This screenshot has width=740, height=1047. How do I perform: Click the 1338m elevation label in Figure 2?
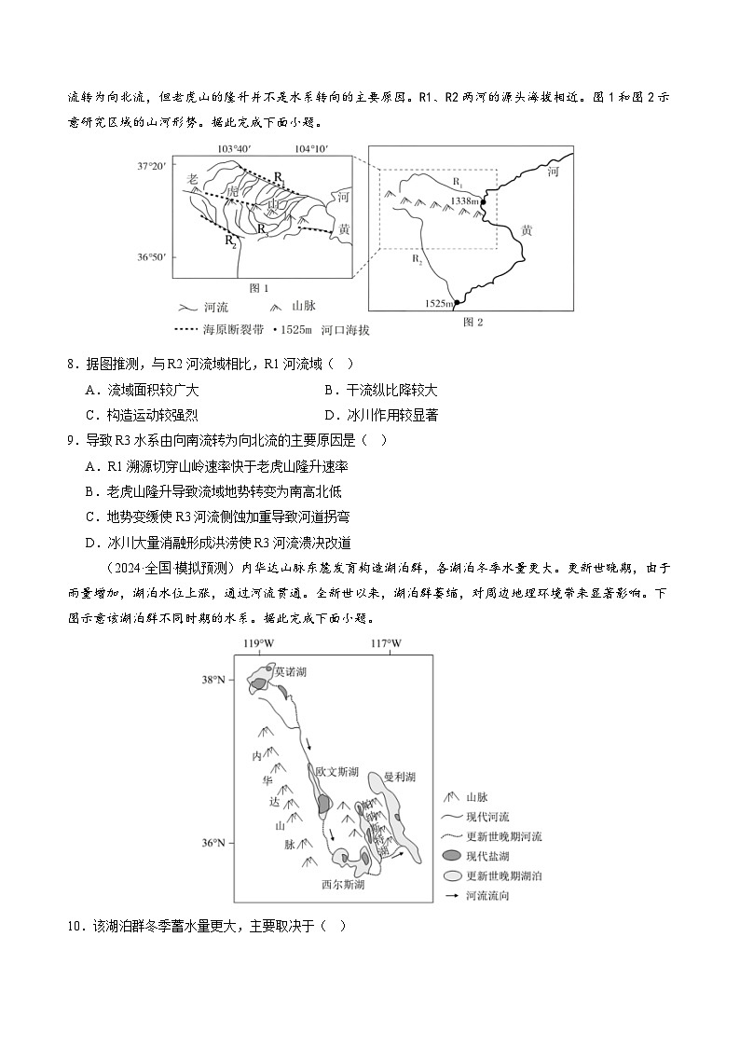(464, 200)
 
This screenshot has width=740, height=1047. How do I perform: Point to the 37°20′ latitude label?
(151, 166)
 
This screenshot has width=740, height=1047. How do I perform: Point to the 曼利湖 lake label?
(399, 776)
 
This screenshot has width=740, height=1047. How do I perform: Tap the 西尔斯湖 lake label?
(342, 885)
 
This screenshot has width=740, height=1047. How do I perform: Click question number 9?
(73, 440)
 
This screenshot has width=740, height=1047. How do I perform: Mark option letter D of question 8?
(329, 416)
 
